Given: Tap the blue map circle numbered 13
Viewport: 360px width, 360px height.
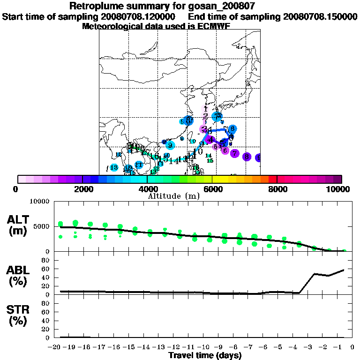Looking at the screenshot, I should [114, 167].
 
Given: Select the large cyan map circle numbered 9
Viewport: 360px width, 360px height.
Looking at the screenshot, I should [170, 145].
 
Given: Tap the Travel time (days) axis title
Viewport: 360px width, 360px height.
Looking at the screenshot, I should [205, 355].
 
